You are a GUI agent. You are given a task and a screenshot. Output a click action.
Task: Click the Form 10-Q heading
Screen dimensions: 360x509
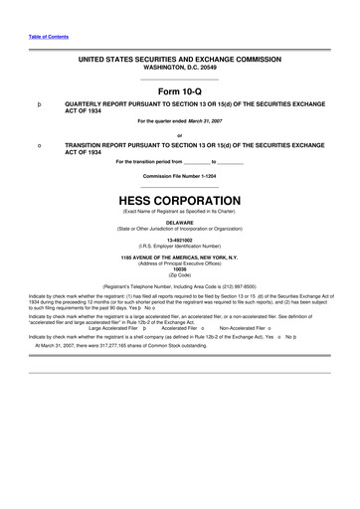click(179, 90)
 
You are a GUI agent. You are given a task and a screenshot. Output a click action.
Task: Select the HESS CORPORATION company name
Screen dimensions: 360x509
click(180, 200)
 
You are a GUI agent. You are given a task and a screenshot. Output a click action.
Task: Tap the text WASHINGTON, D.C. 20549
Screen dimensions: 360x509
click(180, 68)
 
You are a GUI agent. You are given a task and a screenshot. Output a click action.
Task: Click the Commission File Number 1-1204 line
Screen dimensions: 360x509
click(180, 176)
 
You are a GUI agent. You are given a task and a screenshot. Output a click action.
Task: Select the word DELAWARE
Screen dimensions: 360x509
click(180, 222)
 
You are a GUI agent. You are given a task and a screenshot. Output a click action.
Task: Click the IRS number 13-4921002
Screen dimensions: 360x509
click(180, 240)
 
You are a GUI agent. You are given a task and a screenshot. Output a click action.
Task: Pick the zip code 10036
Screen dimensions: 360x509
click(180, 268)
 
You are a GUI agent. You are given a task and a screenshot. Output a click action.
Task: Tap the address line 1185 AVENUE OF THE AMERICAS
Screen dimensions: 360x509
click(180, 257)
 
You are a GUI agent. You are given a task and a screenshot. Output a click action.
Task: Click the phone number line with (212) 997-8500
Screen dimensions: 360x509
click(180, 286)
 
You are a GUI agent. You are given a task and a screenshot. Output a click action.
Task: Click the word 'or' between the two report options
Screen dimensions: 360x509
click(180, 135)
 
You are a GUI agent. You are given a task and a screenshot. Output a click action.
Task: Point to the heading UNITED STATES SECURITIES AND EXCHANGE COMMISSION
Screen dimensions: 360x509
click(180, 60)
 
